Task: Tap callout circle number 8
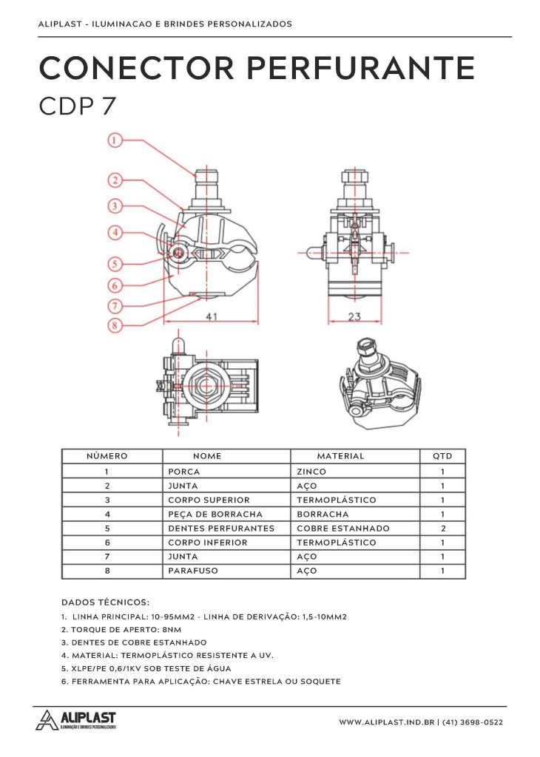(115, 324)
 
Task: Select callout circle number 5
(115, 262)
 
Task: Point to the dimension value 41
(211, 316)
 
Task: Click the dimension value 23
(355, 316)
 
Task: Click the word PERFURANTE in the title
(360, 69)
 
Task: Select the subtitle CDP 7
(77, 106)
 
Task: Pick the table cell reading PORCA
(184, 472)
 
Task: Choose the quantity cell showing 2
(442, 529)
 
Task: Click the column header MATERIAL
(340, 456)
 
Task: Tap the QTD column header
(442, 456)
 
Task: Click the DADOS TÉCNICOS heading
(105, 602)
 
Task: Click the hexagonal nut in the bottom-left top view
(205, 387)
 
